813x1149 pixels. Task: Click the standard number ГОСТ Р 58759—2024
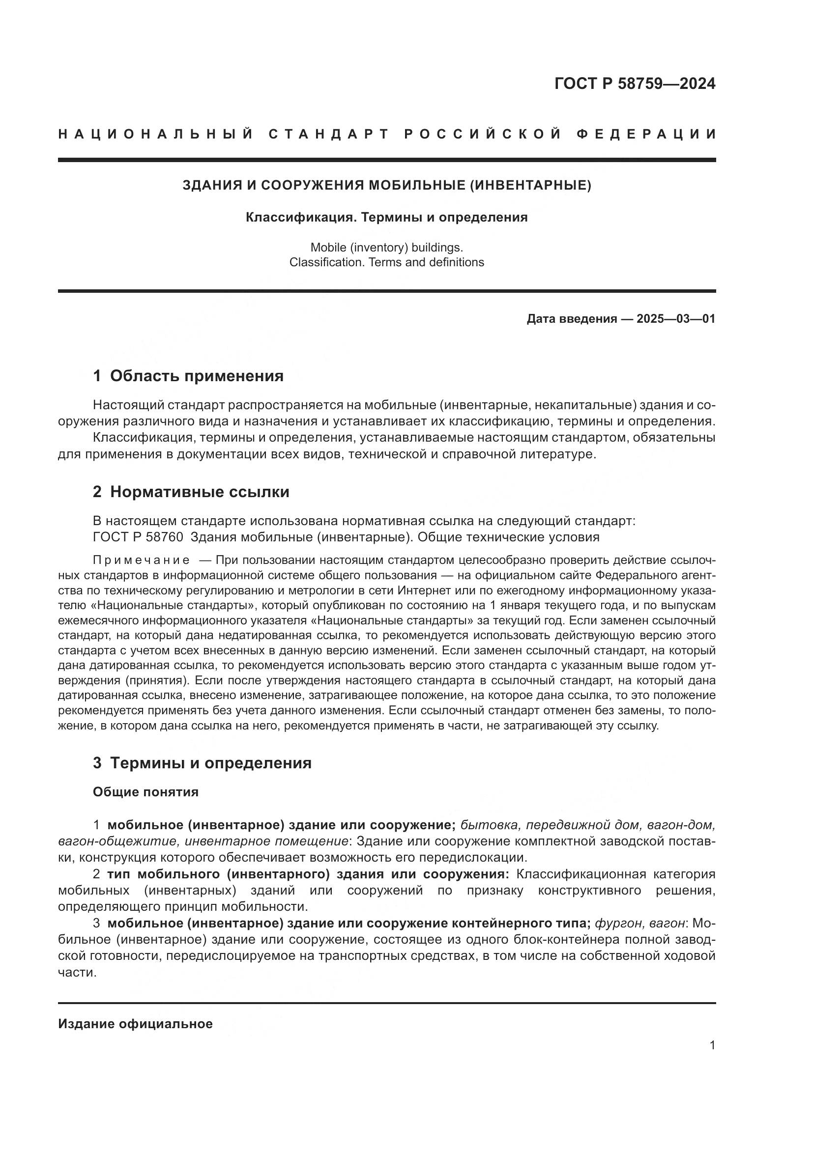coord(634,84)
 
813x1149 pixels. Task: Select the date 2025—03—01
coord(675,319)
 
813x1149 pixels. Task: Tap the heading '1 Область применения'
coord(188,376)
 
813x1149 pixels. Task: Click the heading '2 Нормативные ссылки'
coord(191,492)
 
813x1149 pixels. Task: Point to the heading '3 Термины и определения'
coord(202,763)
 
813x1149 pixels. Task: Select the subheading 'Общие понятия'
coord(145,792)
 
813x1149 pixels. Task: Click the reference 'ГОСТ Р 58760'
coord(138,537)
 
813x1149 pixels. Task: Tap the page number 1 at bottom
coord(712,1045)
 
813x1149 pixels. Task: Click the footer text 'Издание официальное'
coord(135,1023)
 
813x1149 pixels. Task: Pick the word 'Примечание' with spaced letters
coord(141,560)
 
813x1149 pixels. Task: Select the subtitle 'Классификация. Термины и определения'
coord(386,217)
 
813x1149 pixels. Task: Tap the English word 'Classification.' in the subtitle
coord(327,262)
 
